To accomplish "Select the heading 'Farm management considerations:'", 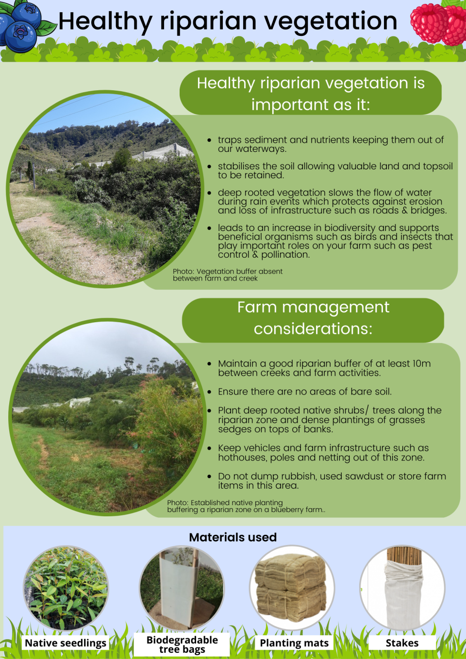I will coord(313,318).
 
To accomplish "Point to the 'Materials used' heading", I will coord(233,537).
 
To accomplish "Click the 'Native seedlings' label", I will coord(66,643).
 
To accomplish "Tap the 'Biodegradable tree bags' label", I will coord(182,644).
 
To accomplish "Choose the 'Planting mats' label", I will coord(294,643).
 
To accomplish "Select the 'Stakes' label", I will coord(402,643).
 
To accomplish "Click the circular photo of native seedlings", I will coord(66,588).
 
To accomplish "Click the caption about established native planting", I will coord(246,506).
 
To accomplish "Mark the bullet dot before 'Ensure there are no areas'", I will coord(209,392).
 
